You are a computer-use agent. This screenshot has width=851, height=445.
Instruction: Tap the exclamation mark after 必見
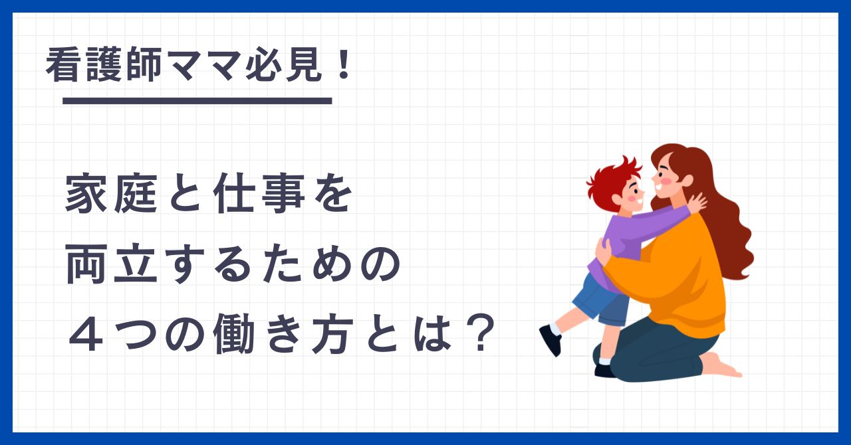coord(344,64)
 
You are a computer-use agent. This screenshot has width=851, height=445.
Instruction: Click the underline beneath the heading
coord(197,100)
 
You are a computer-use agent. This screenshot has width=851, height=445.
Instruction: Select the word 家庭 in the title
coord(111,193)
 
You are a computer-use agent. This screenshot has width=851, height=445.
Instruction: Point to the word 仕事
coord(259,193)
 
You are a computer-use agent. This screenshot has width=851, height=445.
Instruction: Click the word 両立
coord(111,264)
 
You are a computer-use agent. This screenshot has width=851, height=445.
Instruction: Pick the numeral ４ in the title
coord(86,335)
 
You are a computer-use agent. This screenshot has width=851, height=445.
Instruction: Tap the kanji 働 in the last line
coord(233,335)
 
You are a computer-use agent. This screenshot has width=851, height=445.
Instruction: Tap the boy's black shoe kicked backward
coord(550,340)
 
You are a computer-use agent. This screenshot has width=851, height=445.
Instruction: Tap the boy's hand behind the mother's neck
coord(697,203)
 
